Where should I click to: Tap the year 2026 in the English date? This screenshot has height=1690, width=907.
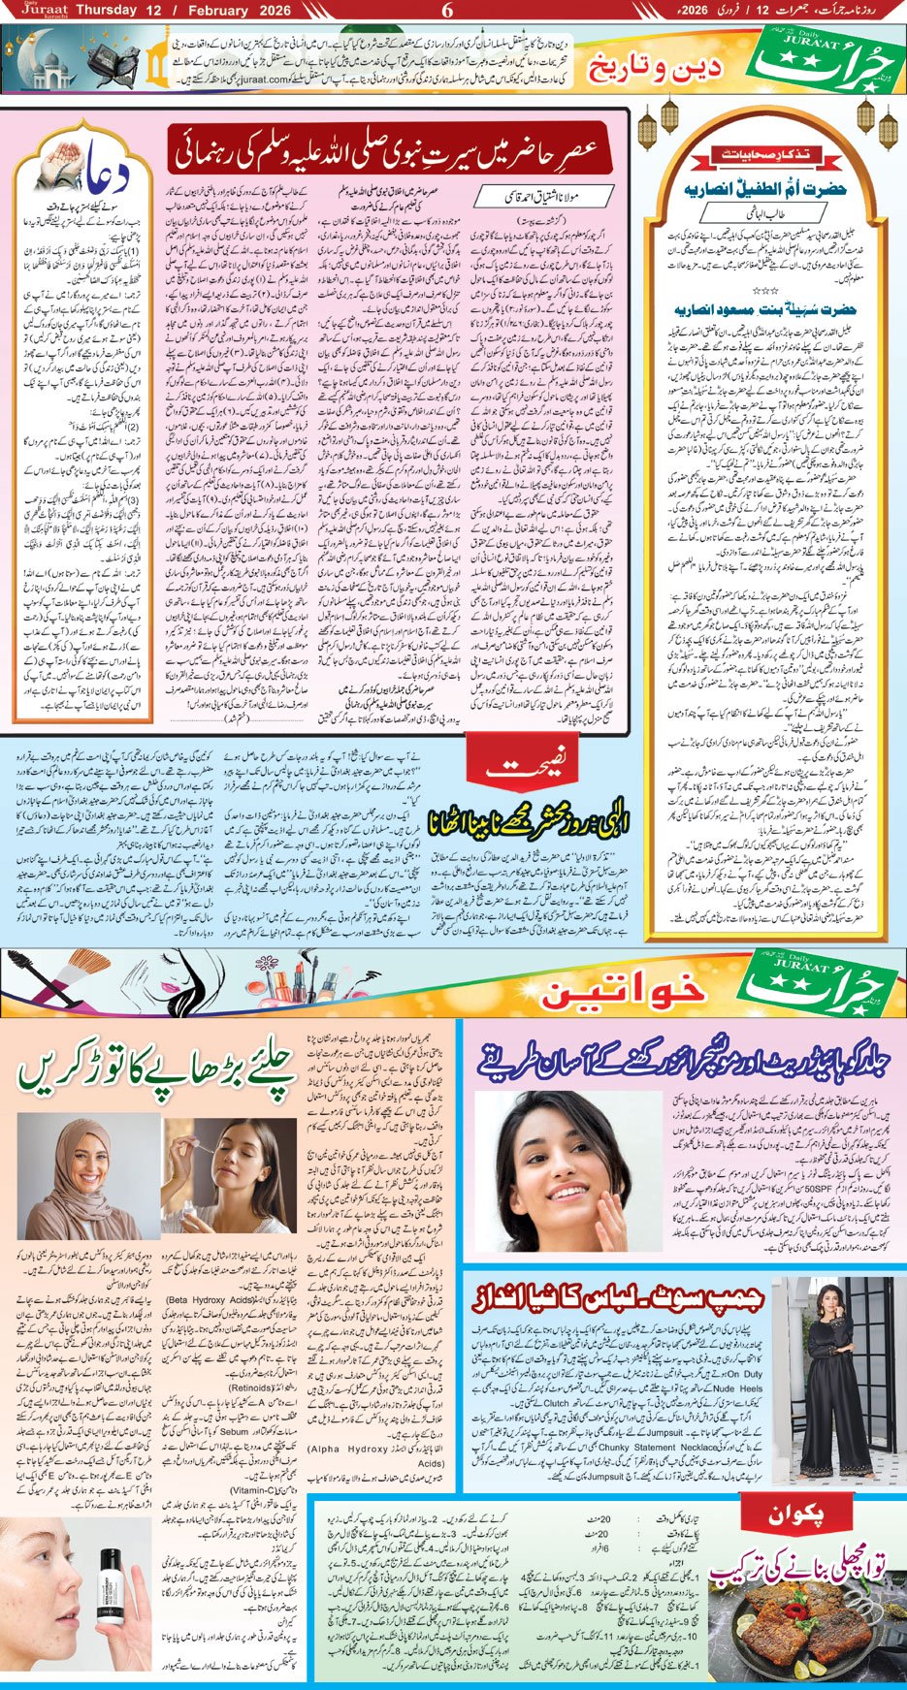(x=257, y=10)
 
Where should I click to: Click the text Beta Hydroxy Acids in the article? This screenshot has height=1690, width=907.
(x=210, y=1299)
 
